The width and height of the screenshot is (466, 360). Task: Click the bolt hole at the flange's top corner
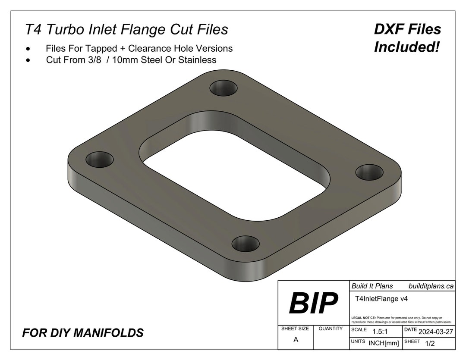tap(224, 89)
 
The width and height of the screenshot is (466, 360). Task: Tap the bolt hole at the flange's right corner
tap(370, 172)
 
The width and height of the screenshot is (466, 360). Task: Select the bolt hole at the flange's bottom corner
tap(246, 244)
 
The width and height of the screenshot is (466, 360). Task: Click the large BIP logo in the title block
tap(313, 303)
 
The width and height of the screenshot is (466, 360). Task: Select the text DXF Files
tap(408, 29)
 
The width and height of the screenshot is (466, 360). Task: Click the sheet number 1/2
tap(430, 343)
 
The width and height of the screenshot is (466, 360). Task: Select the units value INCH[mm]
tap(384, 343)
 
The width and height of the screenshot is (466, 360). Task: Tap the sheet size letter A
tap(296, 339)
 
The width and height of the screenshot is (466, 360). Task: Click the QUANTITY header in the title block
tap(331, 329)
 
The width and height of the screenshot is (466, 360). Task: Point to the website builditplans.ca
tap(431, 286)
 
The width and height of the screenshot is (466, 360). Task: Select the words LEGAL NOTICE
tap(363, 318)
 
